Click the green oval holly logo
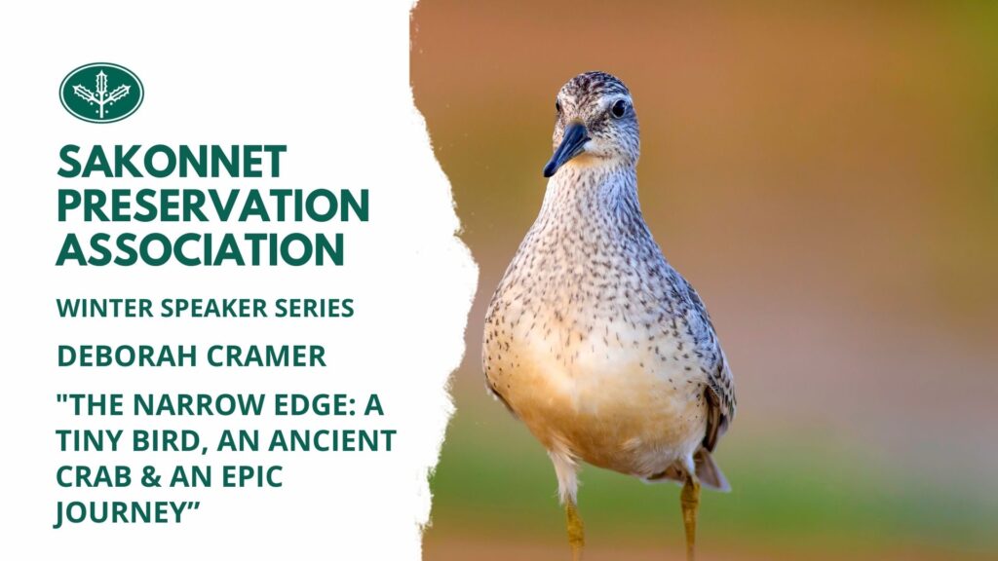101,93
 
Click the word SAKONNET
172,162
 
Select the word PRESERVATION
213,205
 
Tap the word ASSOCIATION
201,248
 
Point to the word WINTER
105,308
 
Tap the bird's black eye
618,108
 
